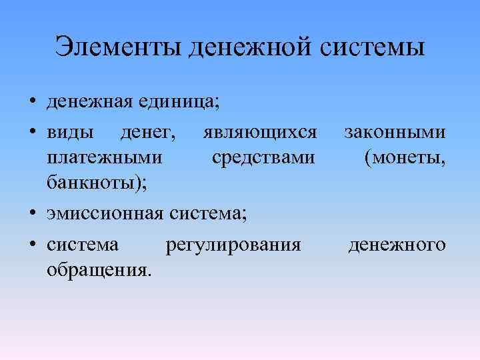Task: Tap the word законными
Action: [x=395, y=133]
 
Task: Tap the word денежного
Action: [x=397, y=245]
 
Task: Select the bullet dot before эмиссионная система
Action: [x=32, y=214]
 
